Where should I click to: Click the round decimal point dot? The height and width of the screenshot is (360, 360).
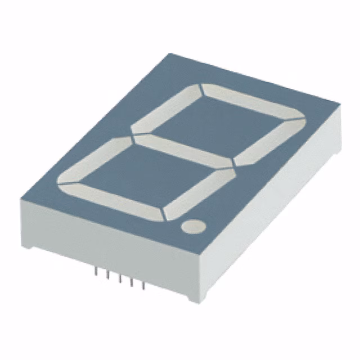coord(193,226)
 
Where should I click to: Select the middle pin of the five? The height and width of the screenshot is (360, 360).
coord(120,278)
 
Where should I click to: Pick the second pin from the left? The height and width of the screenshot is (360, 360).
coord(108,275)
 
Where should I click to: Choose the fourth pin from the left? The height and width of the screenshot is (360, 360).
coord(132,282)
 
